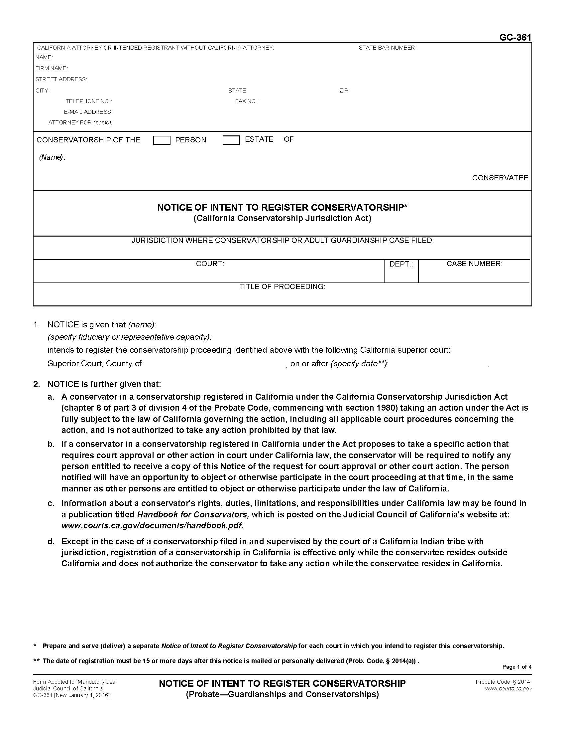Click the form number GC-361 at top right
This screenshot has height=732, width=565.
[x=515, y=37]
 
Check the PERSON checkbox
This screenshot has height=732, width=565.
[x=162, y=140]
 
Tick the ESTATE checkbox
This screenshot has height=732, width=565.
[x=231, y=140]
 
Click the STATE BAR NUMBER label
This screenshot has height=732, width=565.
[x=387, y=48]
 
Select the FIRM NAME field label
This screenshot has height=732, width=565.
[x=52, y=68]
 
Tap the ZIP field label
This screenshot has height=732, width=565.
[x=344, y=91]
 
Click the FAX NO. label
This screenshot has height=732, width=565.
[x=246, y=101]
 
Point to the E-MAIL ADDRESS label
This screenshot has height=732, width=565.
[x=88, y=112]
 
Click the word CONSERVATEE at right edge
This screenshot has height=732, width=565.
[x=500, y=178]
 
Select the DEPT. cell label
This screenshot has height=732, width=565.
[x=401, y=264]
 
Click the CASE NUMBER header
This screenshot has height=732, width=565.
[x=474, y=264]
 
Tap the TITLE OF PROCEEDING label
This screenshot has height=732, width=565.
[x=282, y=286]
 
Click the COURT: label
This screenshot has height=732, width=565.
[x=210, y=264]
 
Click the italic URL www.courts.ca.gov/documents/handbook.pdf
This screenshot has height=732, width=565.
[x=152, y=525]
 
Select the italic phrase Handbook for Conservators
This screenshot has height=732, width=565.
[x=193, y=514]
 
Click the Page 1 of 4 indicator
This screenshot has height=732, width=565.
[x=516, y=667]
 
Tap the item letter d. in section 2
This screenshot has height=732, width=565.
[x=51, y=541]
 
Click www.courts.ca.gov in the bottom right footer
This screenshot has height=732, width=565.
[x=508, y=688]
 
